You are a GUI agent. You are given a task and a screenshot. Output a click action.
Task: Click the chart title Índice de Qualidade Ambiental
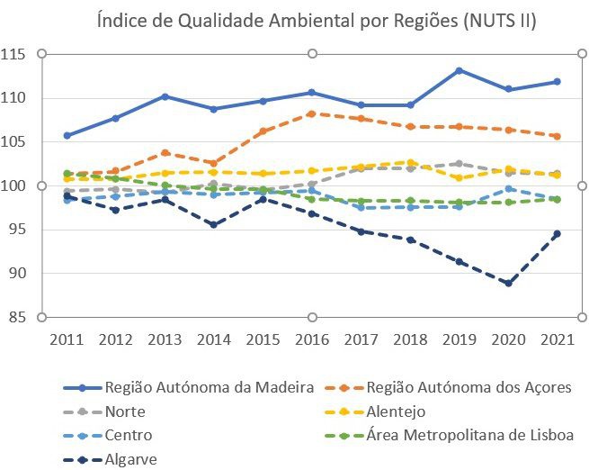pos(316,21)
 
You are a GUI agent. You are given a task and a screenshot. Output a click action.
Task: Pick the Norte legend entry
pos(125,411)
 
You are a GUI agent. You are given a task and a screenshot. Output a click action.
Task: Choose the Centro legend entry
pos(129,435)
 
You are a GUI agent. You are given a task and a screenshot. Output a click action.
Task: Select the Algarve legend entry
pos(131,458)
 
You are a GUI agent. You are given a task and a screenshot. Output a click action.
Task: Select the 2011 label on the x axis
pos(67,339)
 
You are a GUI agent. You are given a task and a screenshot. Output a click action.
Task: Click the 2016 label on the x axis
pos(312,339)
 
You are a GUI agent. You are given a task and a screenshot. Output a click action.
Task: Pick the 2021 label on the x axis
pos(557,339)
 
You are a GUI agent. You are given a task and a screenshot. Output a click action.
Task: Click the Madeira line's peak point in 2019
pos(459,70)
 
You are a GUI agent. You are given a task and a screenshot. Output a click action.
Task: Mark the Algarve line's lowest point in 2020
pos(508,283)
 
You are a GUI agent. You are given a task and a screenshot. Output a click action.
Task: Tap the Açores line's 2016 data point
pos(312,113)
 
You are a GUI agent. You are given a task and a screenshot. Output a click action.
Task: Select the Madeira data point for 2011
pos(67,135)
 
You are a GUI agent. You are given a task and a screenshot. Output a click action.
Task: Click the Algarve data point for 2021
pos(557,233)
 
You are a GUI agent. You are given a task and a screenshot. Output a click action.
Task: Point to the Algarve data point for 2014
pos(214,224)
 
